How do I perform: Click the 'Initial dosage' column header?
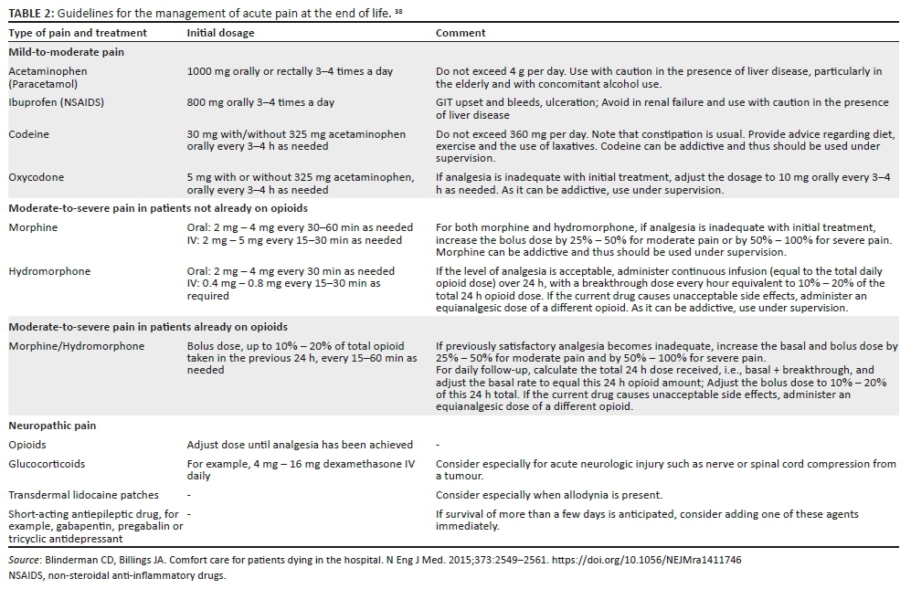click(220, 33)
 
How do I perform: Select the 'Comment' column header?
click(461, 33)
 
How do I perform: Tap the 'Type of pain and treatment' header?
click(77, 33)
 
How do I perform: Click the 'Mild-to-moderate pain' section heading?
click(66, 52)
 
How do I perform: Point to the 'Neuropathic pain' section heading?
click(53, 426)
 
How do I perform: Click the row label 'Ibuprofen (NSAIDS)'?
click(56, 102)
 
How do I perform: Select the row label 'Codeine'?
click(28, 134)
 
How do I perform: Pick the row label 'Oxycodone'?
click(36, 177)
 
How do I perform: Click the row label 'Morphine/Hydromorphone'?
click(76, 346)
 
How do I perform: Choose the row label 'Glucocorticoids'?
click(48, 464)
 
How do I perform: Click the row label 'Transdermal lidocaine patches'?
click(83, 495)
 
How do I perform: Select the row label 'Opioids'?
click(27, 445)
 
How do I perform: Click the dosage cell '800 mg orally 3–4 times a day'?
click(260, 102)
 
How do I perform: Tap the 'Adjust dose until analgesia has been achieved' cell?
click(300, 445)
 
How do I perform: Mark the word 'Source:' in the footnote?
click(24, 559)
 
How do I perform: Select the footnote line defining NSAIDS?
click(116, 575)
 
